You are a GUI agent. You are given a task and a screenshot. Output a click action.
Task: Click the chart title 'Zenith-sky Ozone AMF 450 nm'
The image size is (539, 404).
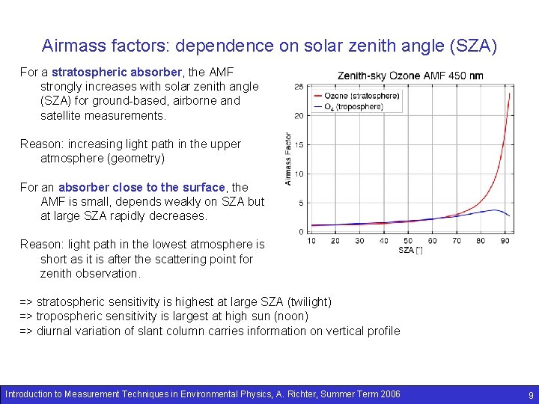pyautogui.click(x=409, y=76)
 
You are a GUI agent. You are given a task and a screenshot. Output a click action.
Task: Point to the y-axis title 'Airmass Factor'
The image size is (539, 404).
pyautogui.click(x=288, y=159)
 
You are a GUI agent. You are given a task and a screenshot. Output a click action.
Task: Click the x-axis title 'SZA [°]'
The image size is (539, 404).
pyautogui.click(x=409, y=249)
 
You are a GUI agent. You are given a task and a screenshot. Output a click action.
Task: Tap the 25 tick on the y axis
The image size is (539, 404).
pyautogui.click(x=299, y=87)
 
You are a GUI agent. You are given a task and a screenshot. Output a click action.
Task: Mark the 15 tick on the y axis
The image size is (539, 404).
pyautogui.click(x=299, y=144)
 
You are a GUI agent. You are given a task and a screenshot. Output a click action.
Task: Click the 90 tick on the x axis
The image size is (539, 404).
pyautogui.click(x=505, y=240)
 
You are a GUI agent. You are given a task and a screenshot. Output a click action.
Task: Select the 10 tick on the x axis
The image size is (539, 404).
pyautogui.click(x=311, y=240)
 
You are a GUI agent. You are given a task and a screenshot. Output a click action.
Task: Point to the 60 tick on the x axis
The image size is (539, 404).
pyautogui.click(x=433, y=240)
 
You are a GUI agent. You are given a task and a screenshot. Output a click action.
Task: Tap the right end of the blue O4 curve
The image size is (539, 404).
pyautogui.click(x=510, y=216)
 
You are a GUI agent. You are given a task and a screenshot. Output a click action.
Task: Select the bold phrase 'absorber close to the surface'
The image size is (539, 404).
pyautogui.click(x=141, y=187)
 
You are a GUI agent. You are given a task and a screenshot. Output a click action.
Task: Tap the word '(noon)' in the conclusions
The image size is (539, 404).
pyautogui.click(x=289, y=316)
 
